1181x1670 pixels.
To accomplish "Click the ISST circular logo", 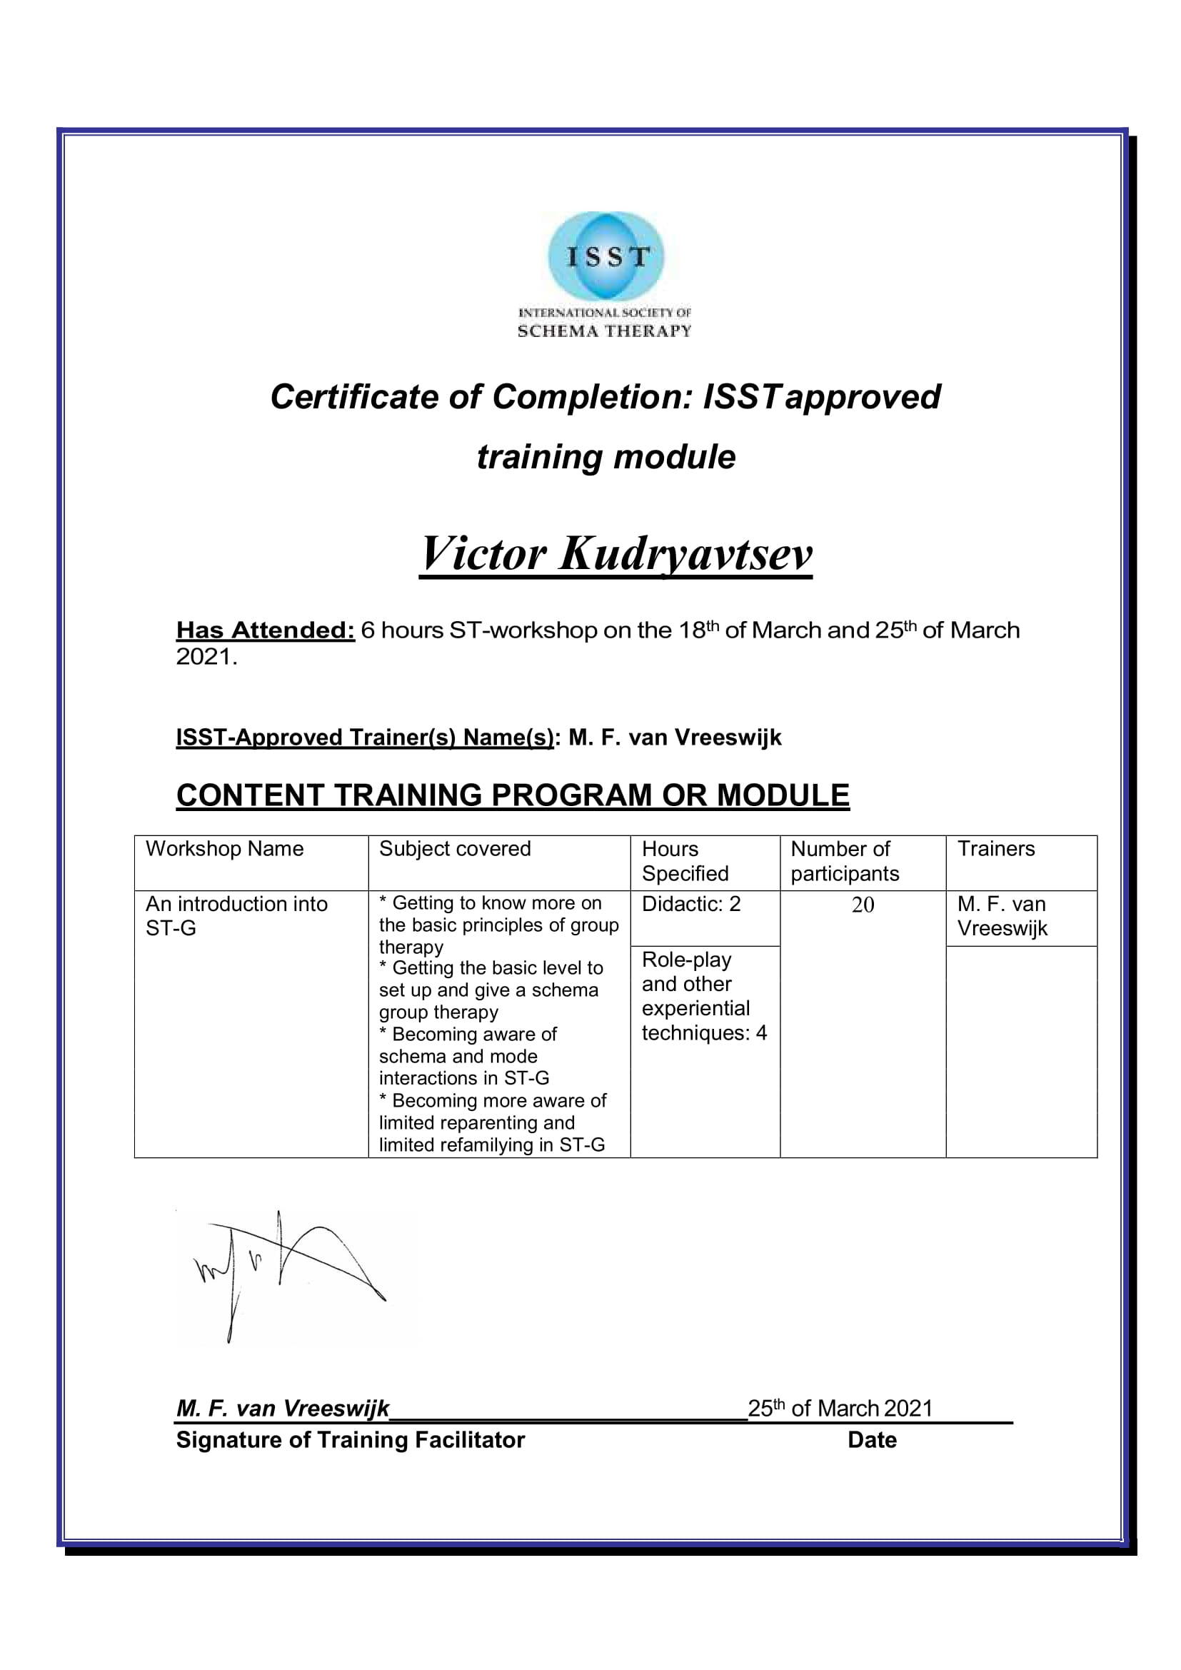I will pyautogui.click(x=605, y=256).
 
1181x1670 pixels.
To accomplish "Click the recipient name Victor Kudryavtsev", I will pyautogui.click(x=615, y=554).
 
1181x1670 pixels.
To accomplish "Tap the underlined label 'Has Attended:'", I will pyautogui.click(x=266, y=630).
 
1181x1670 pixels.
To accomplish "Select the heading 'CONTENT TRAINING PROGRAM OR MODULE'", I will pyautogui.click(x=513, y=795).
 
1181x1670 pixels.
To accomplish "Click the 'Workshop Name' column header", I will pyautogui.click(x=225, y=849).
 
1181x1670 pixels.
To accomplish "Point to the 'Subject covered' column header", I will pyautogui.click(x=456, y=849).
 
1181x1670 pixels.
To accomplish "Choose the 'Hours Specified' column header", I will pyautogui.click(x=685, y=861).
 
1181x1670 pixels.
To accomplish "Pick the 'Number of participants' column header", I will pyautogui.click(x=845, y=861).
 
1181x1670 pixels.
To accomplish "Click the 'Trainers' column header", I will pyautogui.click(x=995, y=849).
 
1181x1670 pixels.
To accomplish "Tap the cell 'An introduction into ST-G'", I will pyautogui.click(x=236, y=916).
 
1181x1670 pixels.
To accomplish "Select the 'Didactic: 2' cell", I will pyautogui.click(x=691, y=904).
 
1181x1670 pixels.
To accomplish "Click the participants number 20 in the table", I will pyautogui.click(x=863, y=905).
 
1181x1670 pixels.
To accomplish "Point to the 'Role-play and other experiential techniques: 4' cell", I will pyautogui.click(x=703, y=996).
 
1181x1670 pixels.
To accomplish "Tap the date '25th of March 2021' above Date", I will pyautogui.click(x=840, y=1409).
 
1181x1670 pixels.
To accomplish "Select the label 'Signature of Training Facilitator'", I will pyautogui.click(x=350, y=1440).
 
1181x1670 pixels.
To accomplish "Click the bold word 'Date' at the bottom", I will pyautogui.click(x=872, y=1440).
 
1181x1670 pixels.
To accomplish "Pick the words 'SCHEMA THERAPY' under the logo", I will pyautogui.click(x=604, y=332).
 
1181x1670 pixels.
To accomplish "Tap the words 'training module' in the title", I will pyautogui.click(x=605, y=457).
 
